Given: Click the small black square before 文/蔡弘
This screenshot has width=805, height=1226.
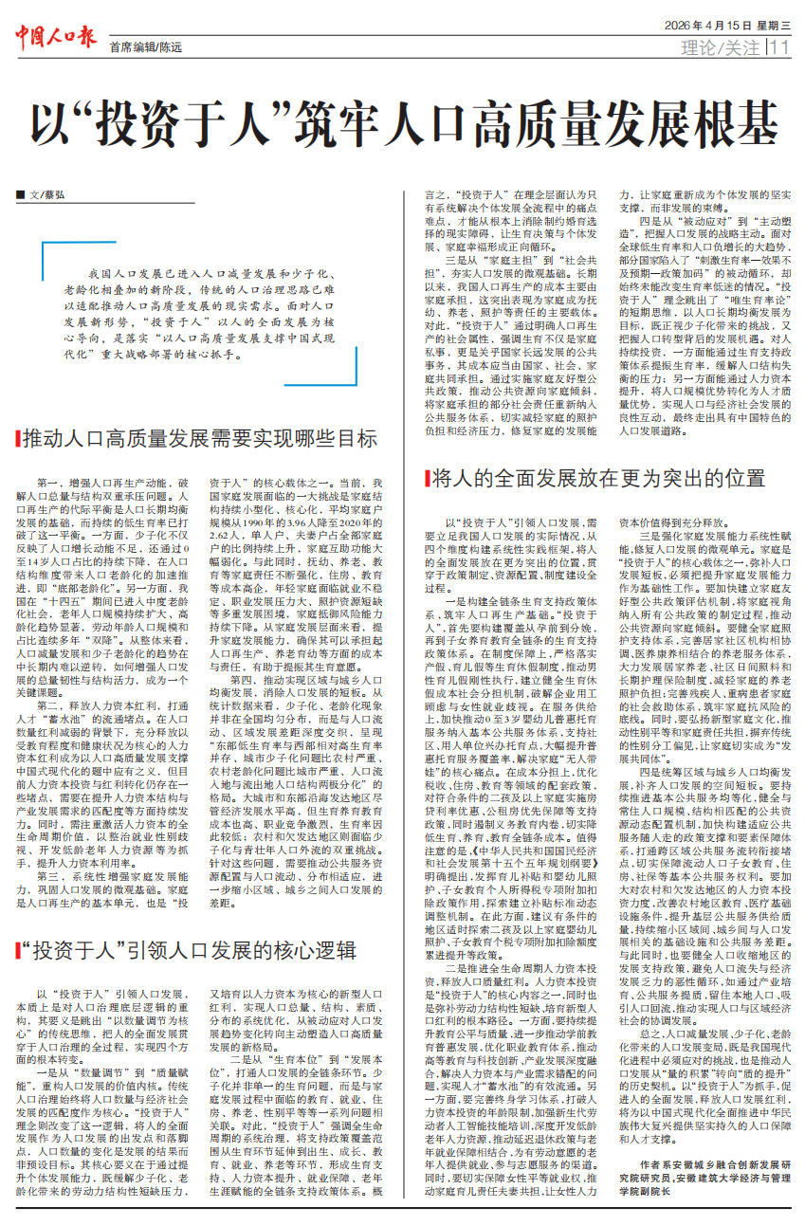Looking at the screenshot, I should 20,194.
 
